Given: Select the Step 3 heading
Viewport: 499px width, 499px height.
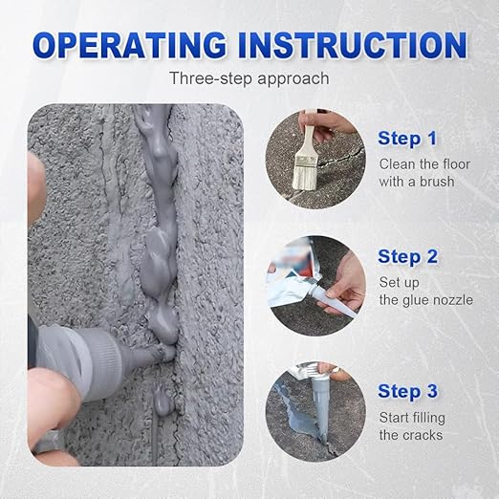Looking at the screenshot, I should point(407,391).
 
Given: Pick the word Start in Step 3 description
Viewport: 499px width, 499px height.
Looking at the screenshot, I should point(397,418).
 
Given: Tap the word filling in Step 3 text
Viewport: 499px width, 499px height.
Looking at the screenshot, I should point(438,418).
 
